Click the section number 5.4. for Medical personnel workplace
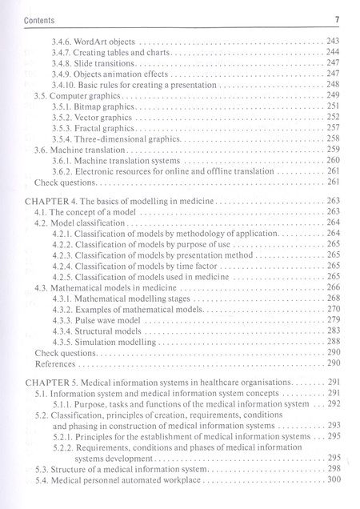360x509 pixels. pos(44,479)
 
